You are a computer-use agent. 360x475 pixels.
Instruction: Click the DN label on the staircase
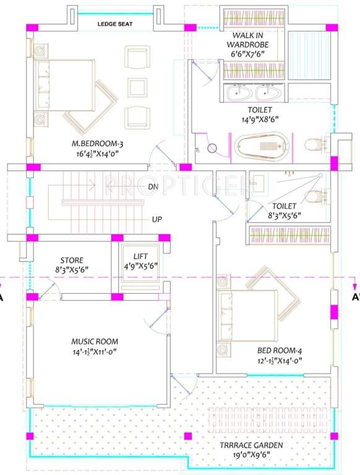(154, 186)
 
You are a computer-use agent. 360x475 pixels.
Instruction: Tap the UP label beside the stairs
(157, 219)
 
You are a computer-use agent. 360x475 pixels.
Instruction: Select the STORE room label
(72, 260)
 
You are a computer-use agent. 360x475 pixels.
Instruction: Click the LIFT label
(140, 256)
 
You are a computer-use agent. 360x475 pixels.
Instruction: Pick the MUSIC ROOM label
(95, 341)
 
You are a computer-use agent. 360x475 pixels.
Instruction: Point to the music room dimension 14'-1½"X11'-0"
(95, 351)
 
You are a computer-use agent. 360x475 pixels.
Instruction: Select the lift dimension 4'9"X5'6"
(140, 266)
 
